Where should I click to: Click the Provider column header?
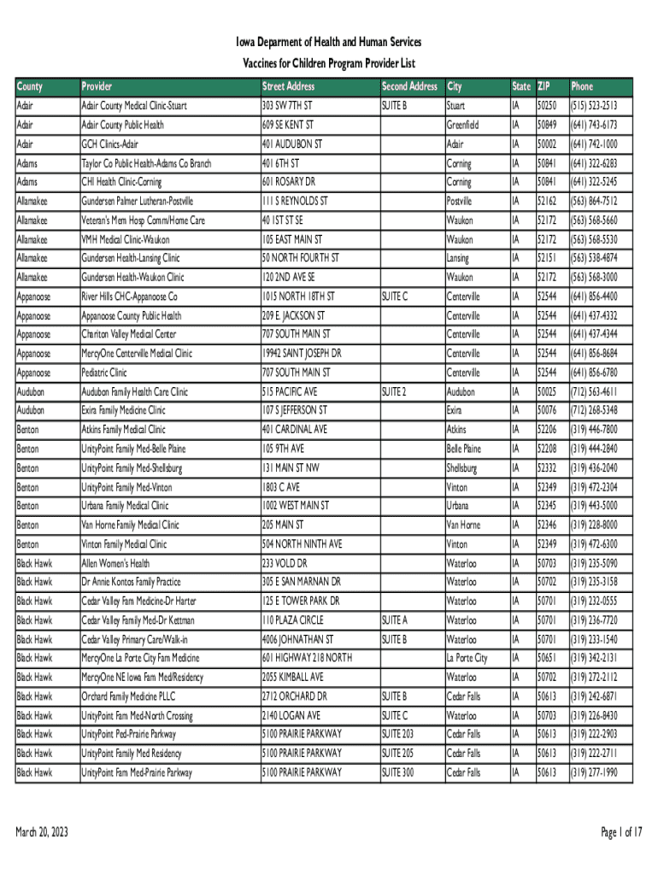click(x=97, y=86)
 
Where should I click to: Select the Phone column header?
click(x=582, y=86)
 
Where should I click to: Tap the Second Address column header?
click(x=409, y=86)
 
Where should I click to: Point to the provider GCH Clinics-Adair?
click(x=109, y=144)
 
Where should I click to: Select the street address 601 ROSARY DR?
click(x=289, y=182)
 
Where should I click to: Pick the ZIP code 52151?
click(x=547, y=258)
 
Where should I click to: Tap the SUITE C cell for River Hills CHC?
click(x=395, y=297)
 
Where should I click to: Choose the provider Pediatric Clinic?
click(x=104, y=373)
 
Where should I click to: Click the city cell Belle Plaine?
click(x=464, y=449)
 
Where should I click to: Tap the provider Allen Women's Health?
click(x=115, y=563)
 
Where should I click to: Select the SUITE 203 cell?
click(x=397, y=734)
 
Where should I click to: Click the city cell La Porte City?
click(x=467, y=658)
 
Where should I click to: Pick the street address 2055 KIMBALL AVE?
click(x=293, y=678)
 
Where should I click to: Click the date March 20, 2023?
click(x=42, y=833)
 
